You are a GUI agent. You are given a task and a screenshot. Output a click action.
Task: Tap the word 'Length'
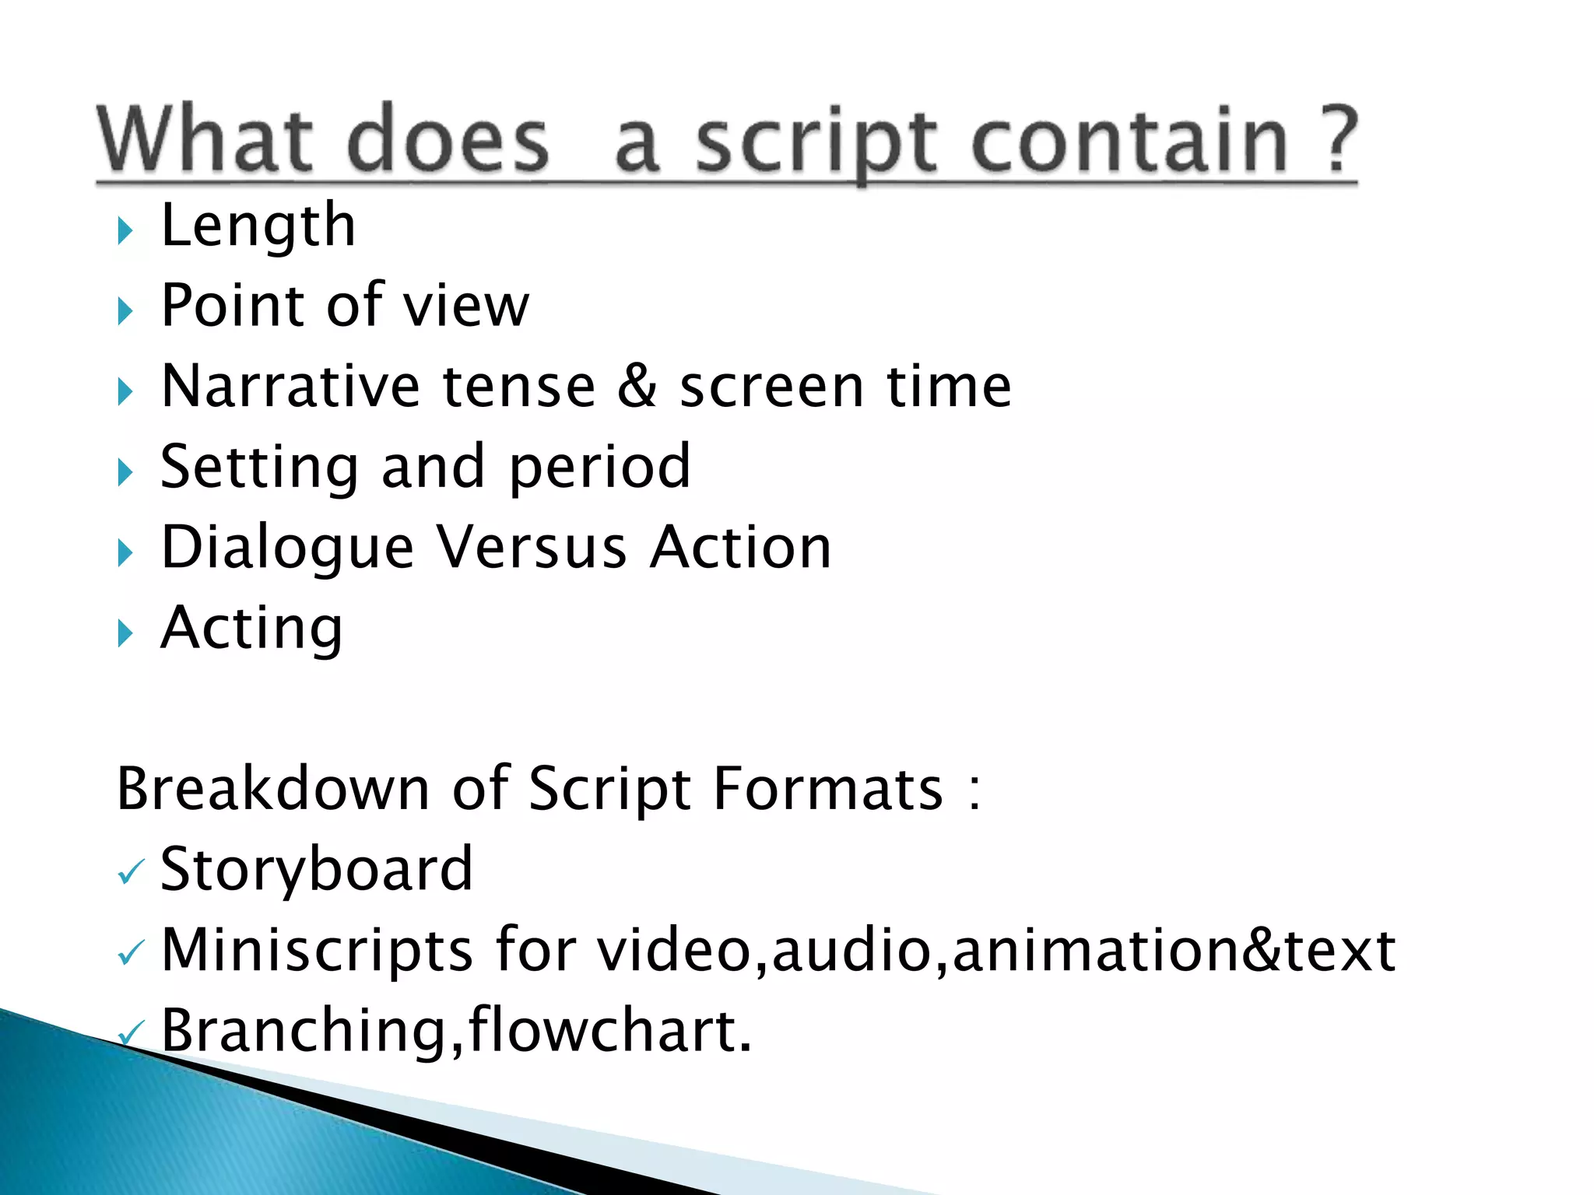(258, 226)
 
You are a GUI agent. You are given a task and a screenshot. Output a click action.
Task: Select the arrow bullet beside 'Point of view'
(125, 311)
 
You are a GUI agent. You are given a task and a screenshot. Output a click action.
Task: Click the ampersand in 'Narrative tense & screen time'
(637, 386)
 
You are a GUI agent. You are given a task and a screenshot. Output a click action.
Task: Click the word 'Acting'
(251, 629)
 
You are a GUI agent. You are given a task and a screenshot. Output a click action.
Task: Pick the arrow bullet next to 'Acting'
(125, 633)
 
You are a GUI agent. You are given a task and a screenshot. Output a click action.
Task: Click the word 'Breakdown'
(272, 788)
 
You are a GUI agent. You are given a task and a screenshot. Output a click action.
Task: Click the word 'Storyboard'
(316, 869)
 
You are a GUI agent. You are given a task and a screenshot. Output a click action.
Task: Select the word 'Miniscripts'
(317, 950)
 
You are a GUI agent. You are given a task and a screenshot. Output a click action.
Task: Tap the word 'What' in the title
(205, 140)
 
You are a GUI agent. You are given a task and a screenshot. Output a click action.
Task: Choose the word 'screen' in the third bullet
(771, 387)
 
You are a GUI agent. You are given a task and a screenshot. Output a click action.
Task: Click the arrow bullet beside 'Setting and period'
(125, 472)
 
